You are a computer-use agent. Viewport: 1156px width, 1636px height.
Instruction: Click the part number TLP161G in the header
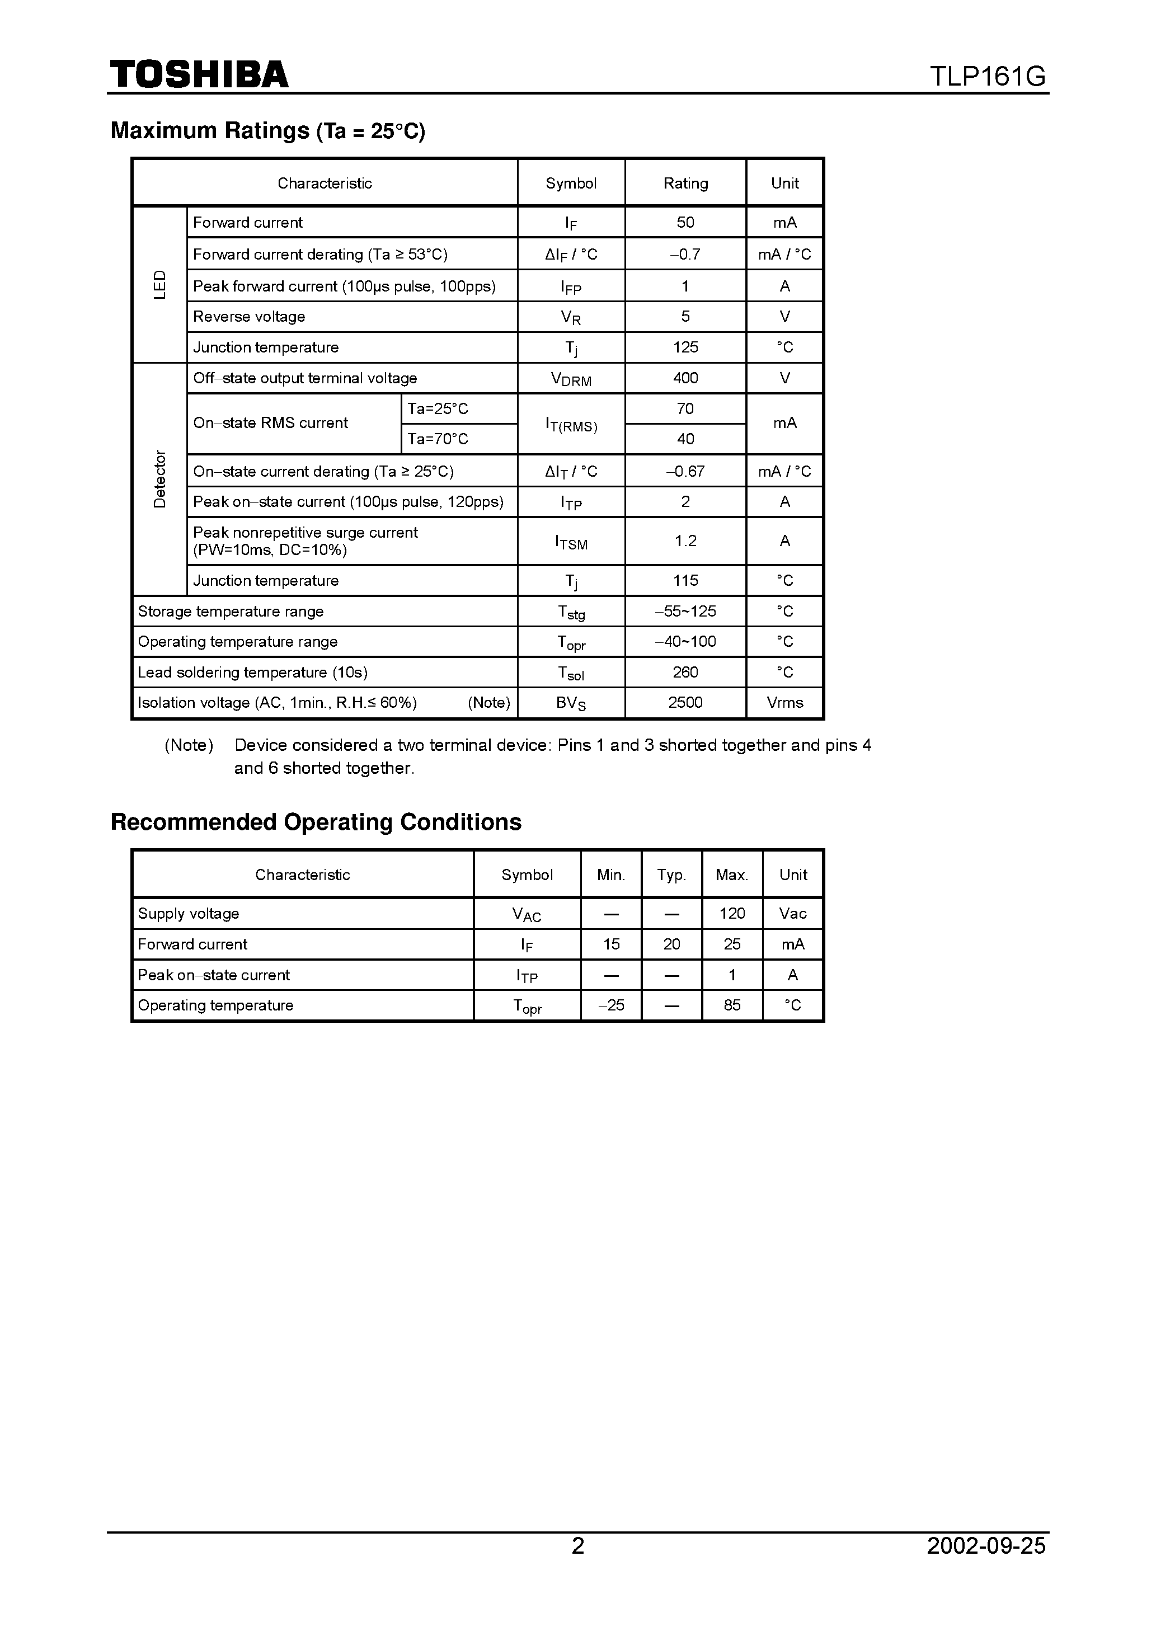[987, 76]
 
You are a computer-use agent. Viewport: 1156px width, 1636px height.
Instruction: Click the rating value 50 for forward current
[685, 222]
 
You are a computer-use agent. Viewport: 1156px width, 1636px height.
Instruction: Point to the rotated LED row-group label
[159, 284]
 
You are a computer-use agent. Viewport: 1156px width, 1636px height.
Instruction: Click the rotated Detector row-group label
[159, 479]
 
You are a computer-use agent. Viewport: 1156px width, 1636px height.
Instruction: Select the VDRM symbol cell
[571, 379]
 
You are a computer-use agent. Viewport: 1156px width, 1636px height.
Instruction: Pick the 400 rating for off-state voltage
[685, 378]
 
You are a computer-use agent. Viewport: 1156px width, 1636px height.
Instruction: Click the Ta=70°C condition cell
[438, 439]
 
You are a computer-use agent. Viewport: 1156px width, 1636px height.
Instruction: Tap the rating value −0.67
[685, 471]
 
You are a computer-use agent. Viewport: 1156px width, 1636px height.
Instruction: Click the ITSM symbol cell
[571, 542]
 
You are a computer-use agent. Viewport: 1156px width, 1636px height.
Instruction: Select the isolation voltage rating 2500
[685, 703]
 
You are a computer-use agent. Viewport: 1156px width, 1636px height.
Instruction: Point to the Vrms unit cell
[784, 703]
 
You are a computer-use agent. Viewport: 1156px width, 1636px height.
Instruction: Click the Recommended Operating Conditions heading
[316, 822]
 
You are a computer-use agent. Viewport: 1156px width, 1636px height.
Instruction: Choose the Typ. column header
[671, 875]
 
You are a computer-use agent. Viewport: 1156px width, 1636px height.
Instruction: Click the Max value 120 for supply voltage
[732, 914]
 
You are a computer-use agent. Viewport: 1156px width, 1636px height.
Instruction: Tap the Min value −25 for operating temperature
[611, 1005]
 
